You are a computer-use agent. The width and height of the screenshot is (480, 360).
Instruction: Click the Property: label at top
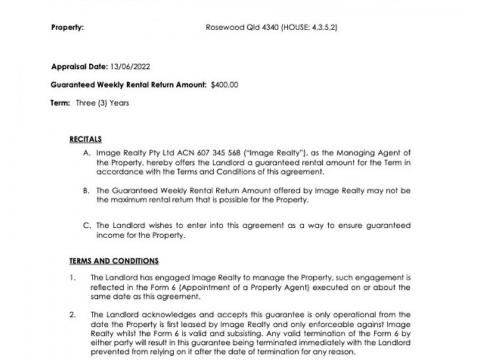point(67,28)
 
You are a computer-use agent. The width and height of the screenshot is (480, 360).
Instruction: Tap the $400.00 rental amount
point(224,85)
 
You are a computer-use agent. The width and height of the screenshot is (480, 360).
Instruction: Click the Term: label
point(60,103)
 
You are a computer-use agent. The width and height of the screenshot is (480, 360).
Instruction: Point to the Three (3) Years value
point(102,103)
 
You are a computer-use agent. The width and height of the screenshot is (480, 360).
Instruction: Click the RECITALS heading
point(86,139)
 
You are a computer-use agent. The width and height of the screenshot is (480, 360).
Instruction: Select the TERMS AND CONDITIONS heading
point(114,261)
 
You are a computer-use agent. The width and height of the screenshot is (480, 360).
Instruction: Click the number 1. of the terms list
point(72,278)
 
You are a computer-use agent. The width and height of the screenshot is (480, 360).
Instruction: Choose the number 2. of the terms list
point(72,314)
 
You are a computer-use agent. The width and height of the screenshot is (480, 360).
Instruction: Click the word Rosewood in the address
point(222,28)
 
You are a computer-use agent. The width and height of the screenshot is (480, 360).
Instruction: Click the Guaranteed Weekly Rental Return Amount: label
point(128,85)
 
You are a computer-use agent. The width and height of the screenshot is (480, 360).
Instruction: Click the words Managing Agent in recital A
point(364,154)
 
